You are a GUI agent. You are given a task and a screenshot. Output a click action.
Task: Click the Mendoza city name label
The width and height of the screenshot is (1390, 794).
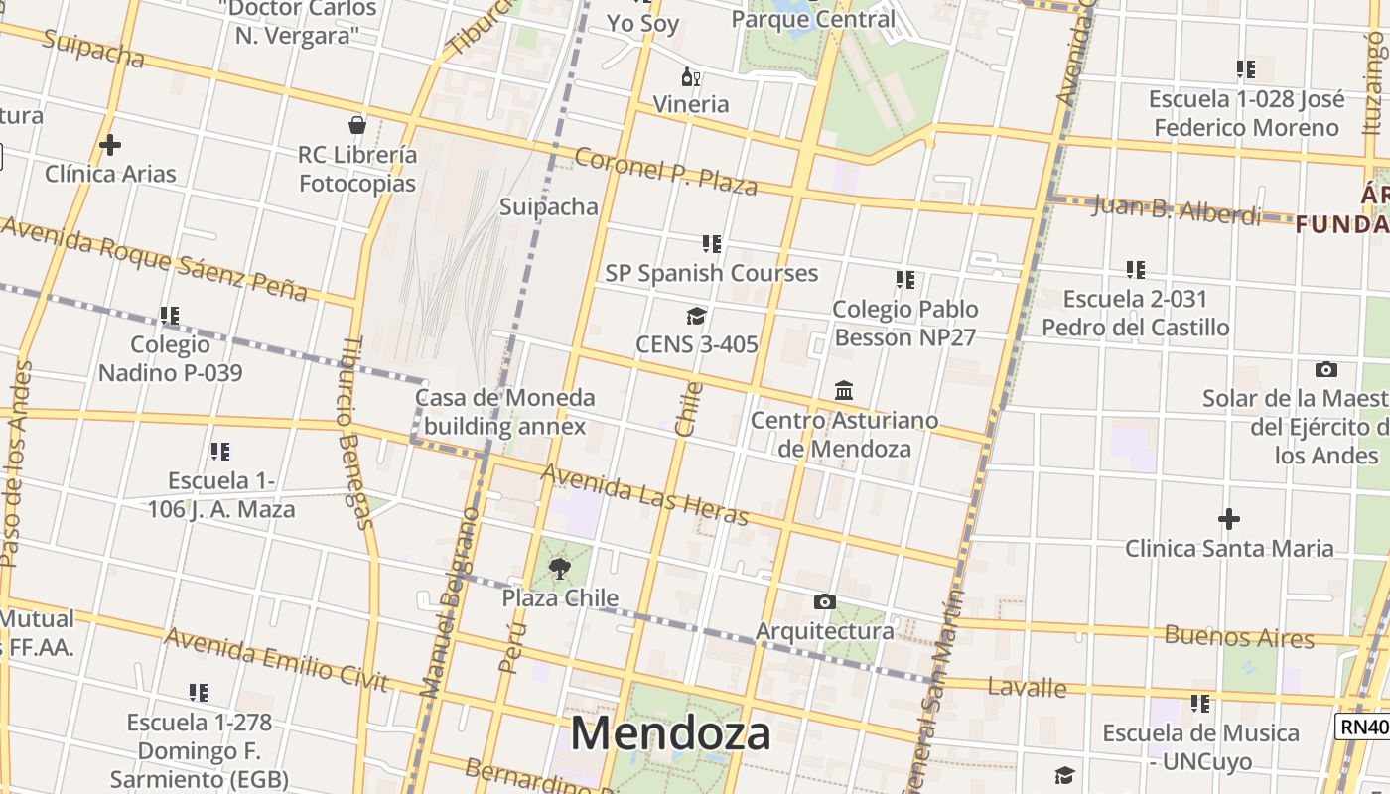pos(670,733)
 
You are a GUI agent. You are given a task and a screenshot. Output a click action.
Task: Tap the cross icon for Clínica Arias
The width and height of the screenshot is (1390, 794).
pos(110,145)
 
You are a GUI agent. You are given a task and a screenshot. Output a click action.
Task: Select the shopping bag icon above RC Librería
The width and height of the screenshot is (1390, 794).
pos(357,125)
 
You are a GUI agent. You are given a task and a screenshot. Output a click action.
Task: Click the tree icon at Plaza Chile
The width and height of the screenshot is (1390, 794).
pos(560,569)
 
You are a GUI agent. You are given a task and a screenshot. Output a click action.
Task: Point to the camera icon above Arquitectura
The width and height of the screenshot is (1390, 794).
pos(824,601)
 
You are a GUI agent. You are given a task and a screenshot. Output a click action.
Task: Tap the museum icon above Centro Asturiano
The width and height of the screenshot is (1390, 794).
pos(844,390)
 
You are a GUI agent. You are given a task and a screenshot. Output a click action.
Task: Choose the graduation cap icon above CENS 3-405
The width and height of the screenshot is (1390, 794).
pos(696,316)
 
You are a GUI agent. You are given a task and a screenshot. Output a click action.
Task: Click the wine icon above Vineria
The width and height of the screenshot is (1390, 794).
pos(691,76)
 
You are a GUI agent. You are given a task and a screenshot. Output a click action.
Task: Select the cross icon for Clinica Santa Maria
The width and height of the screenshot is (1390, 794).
pos(1229,519)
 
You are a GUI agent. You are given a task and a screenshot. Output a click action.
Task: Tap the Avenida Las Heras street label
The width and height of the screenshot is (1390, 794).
pos(644,494)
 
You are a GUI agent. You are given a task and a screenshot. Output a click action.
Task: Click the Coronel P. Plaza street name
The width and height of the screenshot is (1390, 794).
pos(665,171)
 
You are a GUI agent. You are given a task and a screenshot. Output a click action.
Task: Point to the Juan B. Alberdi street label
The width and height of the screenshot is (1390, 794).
pos(1177,210)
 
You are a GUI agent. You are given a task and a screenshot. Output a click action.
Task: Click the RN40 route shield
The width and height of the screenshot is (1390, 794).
pos(1363,727)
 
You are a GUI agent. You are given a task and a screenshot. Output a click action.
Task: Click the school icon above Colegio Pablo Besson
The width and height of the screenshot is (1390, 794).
pos(904,280)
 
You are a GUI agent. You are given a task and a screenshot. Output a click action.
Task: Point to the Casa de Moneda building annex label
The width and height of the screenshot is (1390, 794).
pos(504,412)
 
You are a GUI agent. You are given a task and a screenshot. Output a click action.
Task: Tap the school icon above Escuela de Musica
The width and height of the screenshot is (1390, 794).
pos(1200,704)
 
